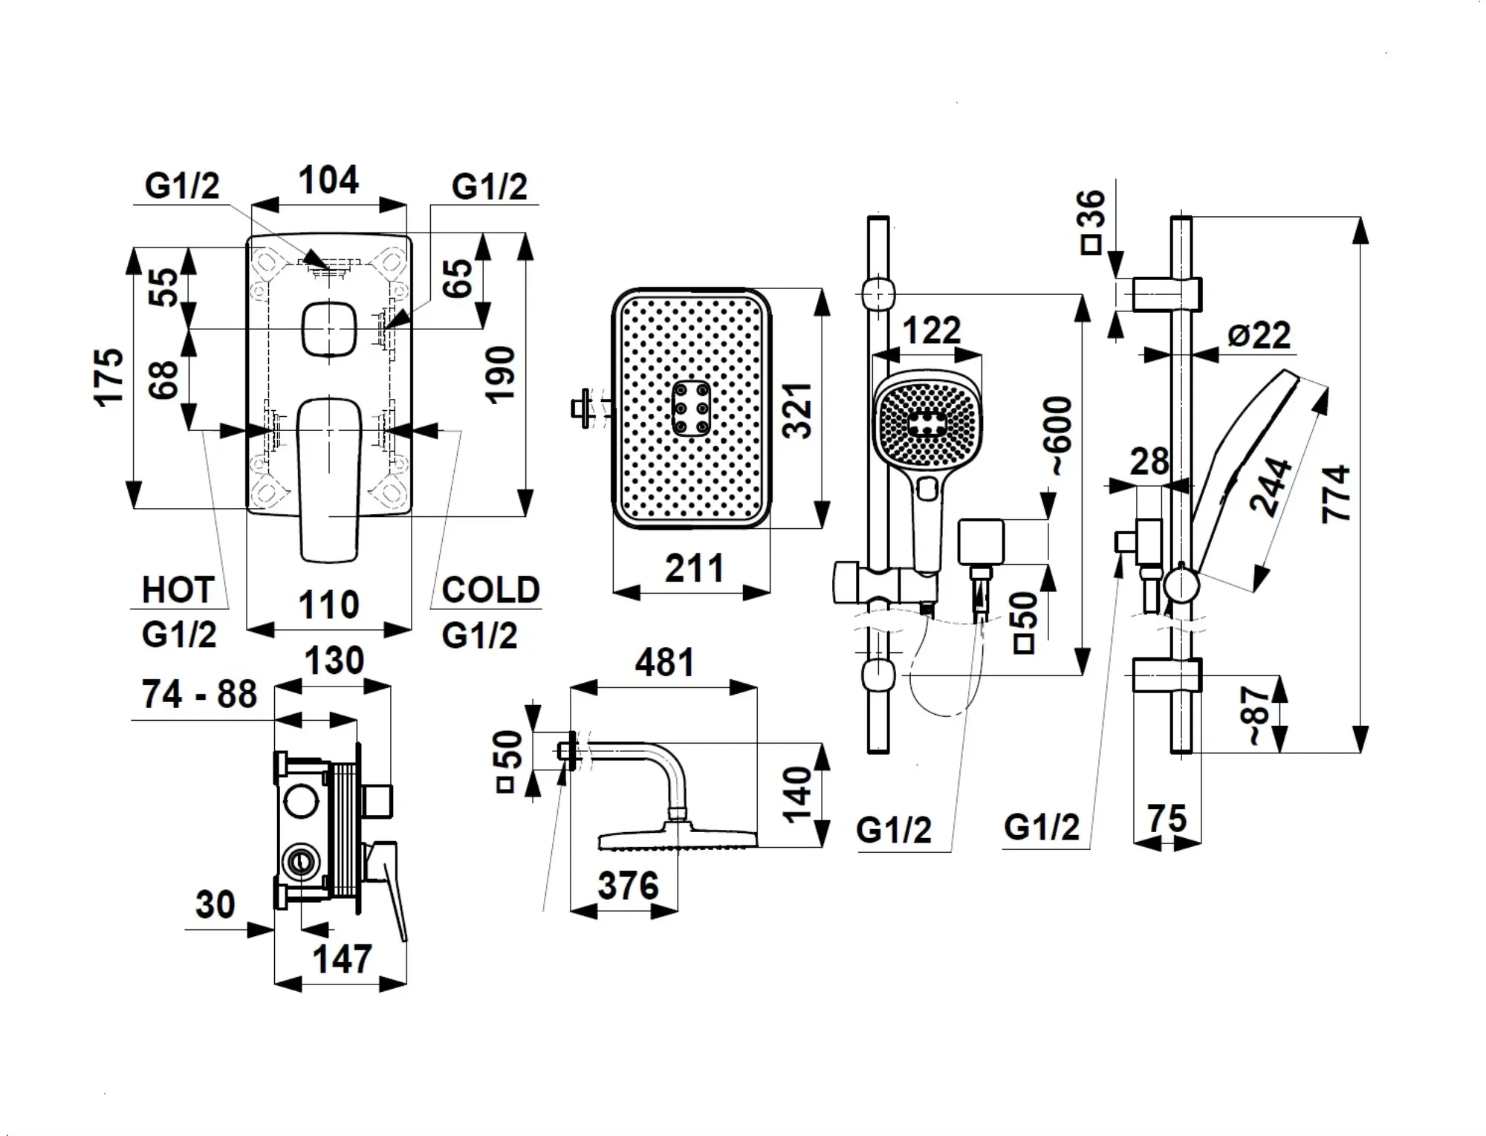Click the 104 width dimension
tap(328, 181)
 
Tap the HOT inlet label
tap(178, 591)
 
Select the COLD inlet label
tap(490, 591)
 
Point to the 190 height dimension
tap(501, 374)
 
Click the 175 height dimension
tap(108, 377)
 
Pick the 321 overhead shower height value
tap(799, 411)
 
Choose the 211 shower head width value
tap(694, 569)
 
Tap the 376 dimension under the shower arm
tap(628, 886)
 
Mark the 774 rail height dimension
tap(1336, 494)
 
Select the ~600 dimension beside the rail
tap(1060, 435)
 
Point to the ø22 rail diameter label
tap(1259, 335)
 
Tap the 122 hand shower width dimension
tap(931, 331)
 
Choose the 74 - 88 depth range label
tap(199, 695)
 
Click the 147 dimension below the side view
tap(342, 959)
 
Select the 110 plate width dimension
tap(328, 605)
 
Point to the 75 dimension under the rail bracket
tap(1167, 819)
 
